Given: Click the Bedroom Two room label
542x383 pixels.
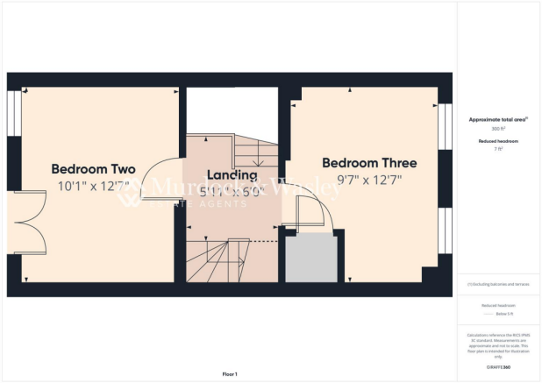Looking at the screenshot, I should [92, 168].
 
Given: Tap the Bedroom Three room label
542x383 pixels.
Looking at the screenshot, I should [369, 163].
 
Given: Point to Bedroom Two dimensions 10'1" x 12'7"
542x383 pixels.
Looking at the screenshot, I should [92, 185].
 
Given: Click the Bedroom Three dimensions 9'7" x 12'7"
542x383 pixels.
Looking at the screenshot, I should [369, 180].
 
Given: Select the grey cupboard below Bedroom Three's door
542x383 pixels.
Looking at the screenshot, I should [311, 259].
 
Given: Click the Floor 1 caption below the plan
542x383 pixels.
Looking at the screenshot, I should [230, 374].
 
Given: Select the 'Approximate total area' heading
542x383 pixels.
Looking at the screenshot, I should [498, 119].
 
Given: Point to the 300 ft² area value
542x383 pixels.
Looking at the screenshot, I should [497, 128].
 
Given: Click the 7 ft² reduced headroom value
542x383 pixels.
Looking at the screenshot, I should [497, 149].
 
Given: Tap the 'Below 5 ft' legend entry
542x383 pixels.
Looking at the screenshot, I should [497, 312].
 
